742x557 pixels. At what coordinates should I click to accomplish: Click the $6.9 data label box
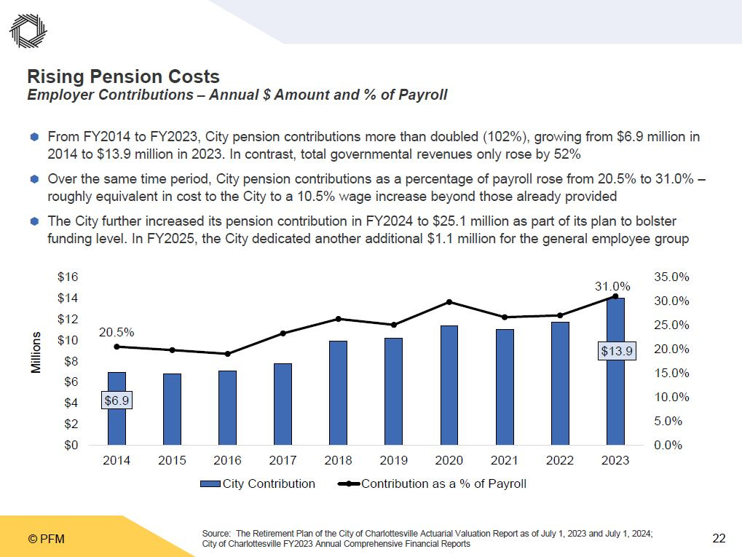[117, 400]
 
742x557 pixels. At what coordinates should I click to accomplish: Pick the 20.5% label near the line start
[117, 332]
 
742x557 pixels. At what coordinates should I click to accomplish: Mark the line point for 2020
[449, 302]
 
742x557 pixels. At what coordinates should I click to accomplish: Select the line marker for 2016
[227, 354]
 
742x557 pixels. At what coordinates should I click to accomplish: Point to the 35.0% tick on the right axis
[668, 277]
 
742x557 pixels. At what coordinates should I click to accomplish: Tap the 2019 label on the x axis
[393, 461]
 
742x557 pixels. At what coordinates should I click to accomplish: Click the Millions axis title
[36, 353]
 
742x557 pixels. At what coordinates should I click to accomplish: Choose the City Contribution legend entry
[258, 483]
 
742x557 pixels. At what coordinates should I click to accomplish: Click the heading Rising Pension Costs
[123, 76]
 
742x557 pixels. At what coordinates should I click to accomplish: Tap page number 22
[719, 539]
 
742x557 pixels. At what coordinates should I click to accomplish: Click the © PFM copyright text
[46, 540]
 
